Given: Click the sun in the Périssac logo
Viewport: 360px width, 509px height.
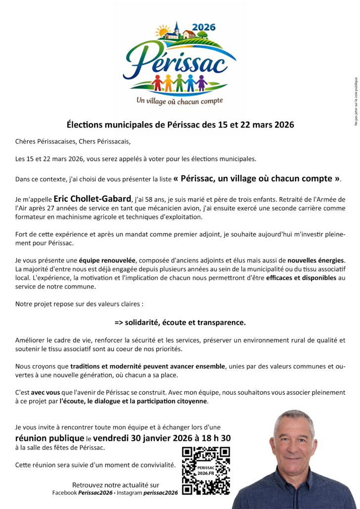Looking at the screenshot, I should click(x=162, y=32).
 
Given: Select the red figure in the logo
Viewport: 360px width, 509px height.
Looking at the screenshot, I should click(x=157, y=82).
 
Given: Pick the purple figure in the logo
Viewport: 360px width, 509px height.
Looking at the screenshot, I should click(x=201, y=82).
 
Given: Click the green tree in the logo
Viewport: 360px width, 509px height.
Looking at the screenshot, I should click(x=202, y=34).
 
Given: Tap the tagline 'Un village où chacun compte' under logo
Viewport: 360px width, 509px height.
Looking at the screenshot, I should click(x=180, y=101).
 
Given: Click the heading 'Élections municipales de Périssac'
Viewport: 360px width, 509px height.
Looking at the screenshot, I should click(x=180, y=125).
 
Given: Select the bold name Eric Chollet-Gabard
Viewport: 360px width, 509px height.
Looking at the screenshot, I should click(x=92, y=199).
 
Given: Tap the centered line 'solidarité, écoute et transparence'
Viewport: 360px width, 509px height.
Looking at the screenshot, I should click(x=180, y=322).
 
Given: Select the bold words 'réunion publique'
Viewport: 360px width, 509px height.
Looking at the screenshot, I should click(x=50, y=438).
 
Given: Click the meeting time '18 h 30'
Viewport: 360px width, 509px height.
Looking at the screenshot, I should click(x=215, y=438).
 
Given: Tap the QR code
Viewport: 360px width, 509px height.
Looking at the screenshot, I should click(x=206, y=470).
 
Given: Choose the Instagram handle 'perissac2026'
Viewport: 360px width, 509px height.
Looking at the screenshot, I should click(x=160, y=493).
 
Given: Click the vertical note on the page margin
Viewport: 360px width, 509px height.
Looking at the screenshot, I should click(x=355, y=101).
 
